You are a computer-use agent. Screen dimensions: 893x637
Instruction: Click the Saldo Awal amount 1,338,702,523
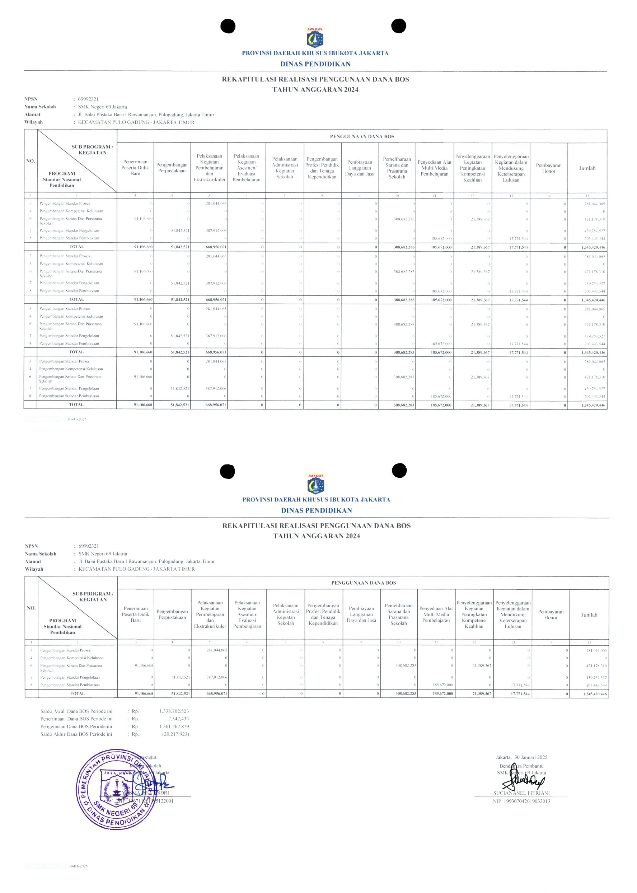(174, 711)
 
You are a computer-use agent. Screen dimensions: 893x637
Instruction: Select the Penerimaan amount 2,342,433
(178, 719)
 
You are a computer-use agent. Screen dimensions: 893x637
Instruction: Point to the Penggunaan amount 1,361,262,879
(174, 727)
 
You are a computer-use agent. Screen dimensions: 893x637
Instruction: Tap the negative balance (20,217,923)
(175, 734)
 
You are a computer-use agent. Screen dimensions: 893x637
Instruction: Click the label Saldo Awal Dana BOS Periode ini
(76, 711)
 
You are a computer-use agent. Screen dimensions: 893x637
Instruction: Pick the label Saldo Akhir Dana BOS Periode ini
(76, 734)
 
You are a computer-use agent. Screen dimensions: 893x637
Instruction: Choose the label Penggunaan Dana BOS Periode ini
(76, 727)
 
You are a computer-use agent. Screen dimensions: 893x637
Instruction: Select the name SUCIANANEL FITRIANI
(521, 793)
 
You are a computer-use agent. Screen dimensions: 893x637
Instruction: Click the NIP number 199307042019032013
(521, 801)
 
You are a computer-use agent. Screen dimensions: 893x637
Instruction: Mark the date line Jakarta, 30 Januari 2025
(521, 757)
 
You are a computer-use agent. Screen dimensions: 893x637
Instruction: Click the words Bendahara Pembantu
(521, 766)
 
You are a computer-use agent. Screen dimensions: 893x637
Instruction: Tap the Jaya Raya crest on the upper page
(315, 37)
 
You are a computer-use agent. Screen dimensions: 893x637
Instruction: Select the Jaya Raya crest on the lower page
(316, 483)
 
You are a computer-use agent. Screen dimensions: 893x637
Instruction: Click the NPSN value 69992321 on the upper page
(88, 99)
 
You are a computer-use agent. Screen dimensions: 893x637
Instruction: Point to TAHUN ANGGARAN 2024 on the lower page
(316, 536)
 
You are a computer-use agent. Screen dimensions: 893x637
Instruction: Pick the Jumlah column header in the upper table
(587, 168)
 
